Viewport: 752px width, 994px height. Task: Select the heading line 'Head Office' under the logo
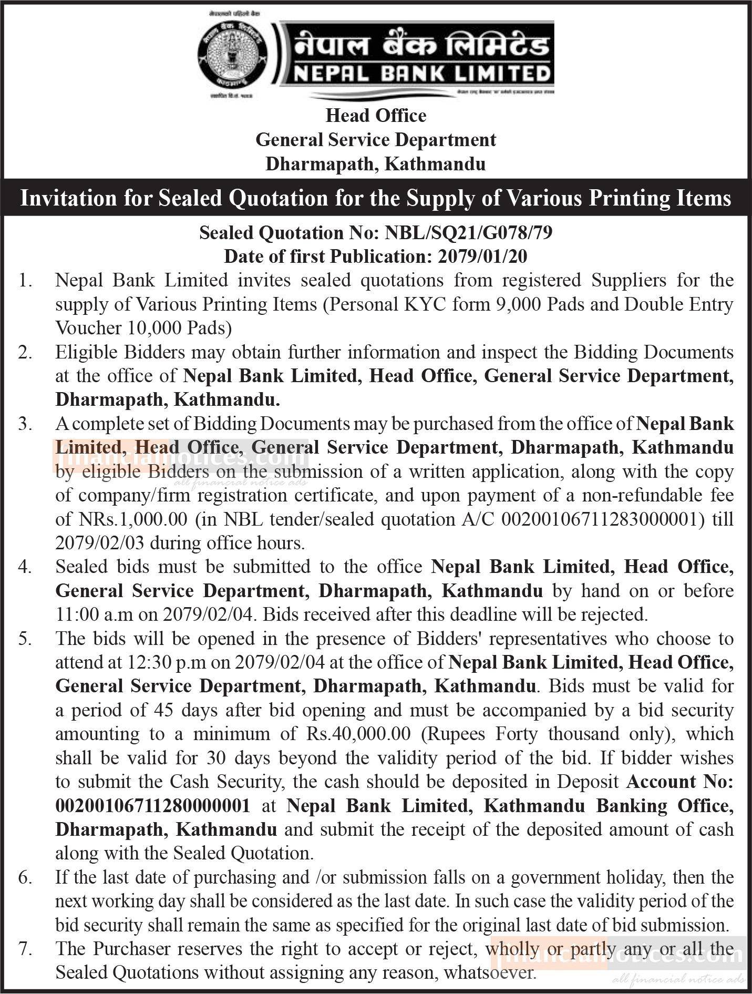[x=376, y=116]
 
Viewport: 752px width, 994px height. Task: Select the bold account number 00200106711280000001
[x=152, y=805]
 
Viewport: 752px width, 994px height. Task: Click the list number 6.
[x=24, y=877]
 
